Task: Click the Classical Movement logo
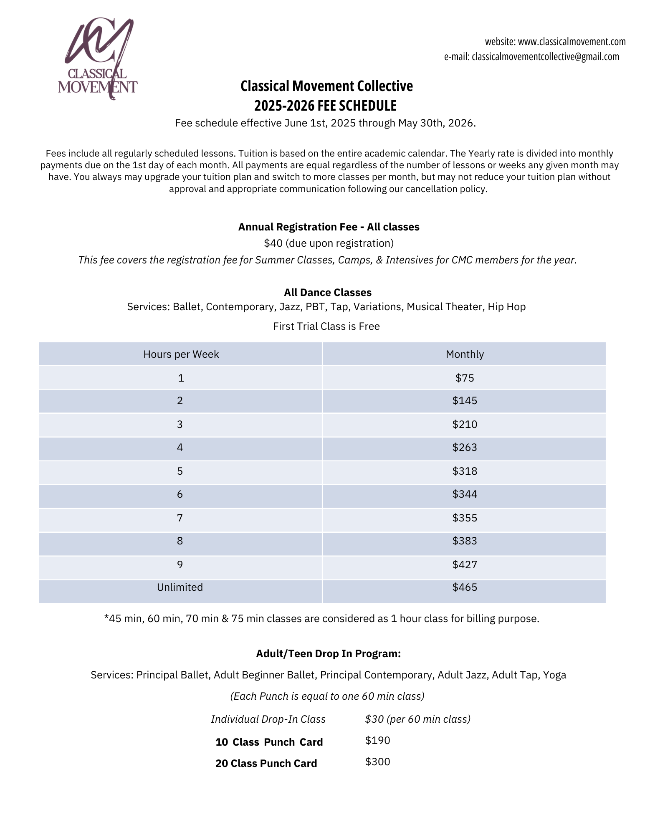pos(98,58)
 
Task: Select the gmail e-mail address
pos(545,57)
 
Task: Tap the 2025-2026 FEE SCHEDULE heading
pos(325,106)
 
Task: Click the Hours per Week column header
pos(181,354)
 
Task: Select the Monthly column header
pos(464,354)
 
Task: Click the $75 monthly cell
pos(464,378)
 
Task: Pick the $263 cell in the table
pos(464,448)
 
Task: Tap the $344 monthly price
pos(464,494)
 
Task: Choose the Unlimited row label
pos(180,587)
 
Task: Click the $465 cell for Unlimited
pos(464,587)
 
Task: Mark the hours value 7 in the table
pos(180,518)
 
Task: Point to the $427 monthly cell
pos(464,565)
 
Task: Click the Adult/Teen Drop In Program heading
pos(328,653)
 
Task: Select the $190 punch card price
pos(377,740)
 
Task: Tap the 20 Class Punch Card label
pos(266,763)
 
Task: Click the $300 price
pos(377,762)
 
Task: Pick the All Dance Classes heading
pos(328,292)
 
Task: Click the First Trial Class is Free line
pos(326,326)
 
